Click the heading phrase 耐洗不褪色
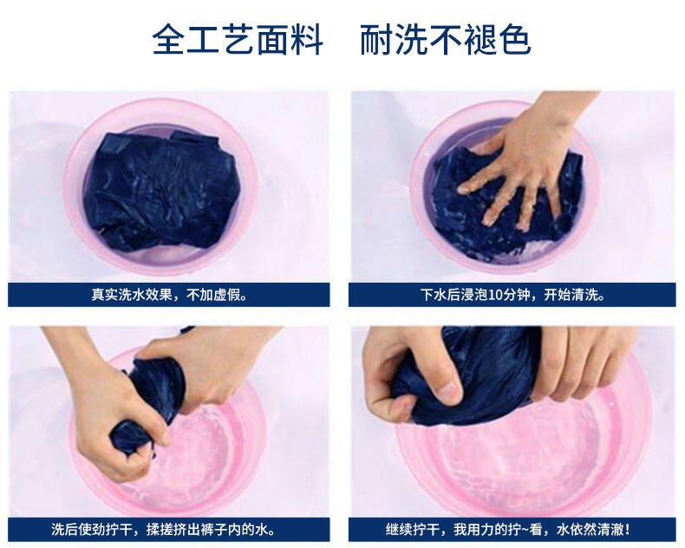click(x=446, y=41)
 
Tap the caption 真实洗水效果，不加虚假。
click(x=170, y=295)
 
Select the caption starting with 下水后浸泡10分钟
click(x=512, y=295)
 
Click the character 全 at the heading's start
click(x=168, y=41)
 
